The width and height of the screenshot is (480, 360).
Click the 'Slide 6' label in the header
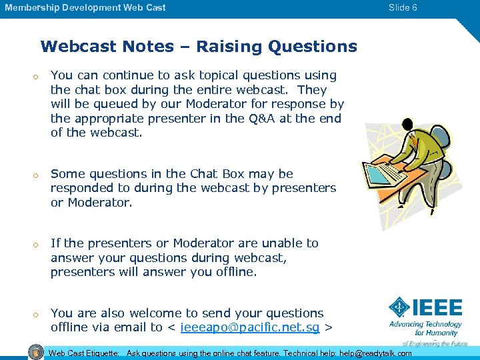(x=403, y=8)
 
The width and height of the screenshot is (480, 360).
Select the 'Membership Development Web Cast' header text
(x=85, y=8)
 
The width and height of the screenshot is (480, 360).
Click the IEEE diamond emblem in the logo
(x=399, y=308)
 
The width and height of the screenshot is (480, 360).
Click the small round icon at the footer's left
(x=37, y=352)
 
